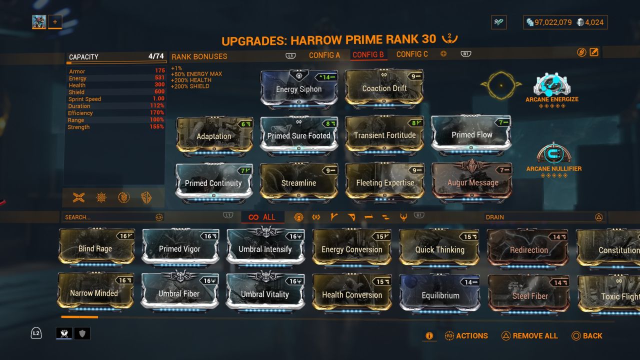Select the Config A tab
click(324, 54)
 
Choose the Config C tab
click(412, 54)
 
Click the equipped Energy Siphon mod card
click(299, 89)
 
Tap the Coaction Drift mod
click(384, 88)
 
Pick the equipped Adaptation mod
click(214, 136)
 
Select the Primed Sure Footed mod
click(299, 135)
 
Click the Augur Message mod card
click(472, 182)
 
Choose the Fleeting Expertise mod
click(385, 182)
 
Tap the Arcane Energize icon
click(551, 85)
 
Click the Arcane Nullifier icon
click(553, 154)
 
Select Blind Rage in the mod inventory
click(95, 248)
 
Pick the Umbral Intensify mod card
click(265, 248)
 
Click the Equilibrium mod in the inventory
click(440, 295)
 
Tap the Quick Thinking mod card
click(439, 249)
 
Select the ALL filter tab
click(262, 217)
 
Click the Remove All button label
click(535, 336)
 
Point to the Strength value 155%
click(156, 127)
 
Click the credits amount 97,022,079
click(553, 22)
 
